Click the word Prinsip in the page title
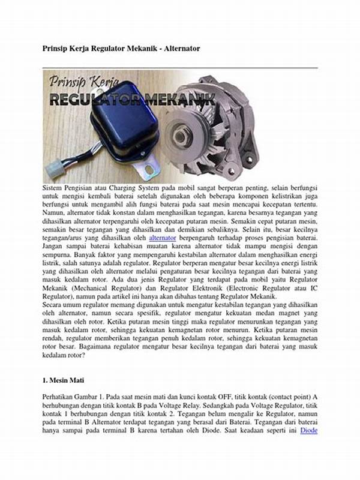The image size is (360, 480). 55,47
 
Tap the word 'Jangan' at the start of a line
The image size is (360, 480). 55,245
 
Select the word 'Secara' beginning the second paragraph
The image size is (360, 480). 54,304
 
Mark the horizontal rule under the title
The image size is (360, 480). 180,68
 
